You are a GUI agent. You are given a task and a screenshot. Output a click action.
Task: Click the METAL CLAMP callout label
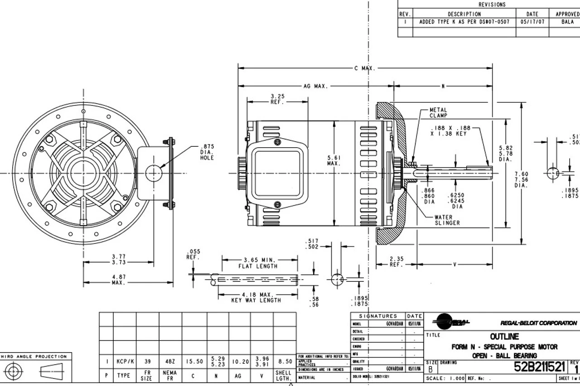438,113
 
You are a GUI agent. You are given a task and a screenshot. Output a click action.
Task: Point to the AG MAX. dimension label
315,86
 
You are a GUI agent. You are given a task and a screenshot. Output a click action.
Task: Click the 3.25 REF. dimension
277,99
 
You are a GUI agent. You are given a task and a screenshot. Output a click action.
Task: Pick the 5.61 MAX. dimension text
333,160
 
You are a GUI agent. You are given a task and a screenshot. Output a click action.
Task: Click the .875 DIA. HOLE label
206,152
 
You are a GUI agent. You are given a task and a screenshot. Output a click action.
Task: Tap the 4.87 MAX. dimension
119,280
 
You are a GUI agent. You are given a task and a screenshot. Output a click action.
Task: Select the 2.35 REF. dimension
396,262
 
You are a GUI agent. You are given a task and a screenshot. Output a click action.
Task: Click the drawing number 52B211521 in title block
539,367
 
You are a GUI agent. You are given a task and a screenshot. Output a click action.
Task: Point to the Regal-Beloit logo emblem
451,323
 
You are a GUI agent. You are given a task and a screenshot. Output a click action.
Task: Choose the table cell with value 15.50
194,362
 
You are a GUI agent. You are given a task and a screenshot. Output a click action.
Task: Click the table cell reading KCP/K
124,362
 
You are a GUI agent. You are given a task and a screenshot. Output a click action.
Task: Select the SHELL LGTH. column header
284,376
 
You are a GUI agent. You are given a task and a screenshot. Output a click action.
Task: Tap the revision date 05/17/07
532,22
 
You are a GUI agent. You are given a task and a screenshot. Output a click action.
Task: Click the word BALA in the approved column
567,22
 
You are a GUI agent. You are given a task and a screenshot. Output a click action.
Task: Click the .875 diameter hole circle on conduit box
154,173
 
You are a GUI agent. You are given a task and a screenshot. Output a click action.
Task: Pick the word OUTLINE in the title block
504,337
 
